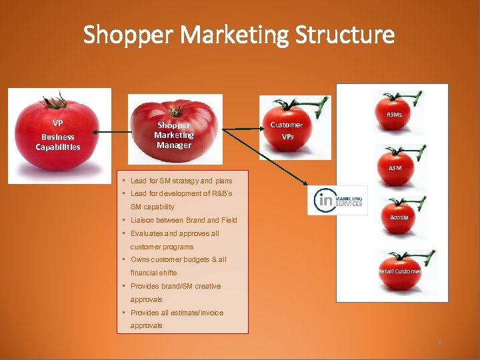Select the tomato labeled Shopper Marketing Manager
(x=174, y=130)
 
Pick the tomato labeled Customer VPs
(x=287, y=131)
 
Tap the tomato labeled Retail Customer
(x=399, y=271)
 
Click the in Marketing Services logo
(x=337, y=200)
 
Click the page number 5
(x=440, y=343)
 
